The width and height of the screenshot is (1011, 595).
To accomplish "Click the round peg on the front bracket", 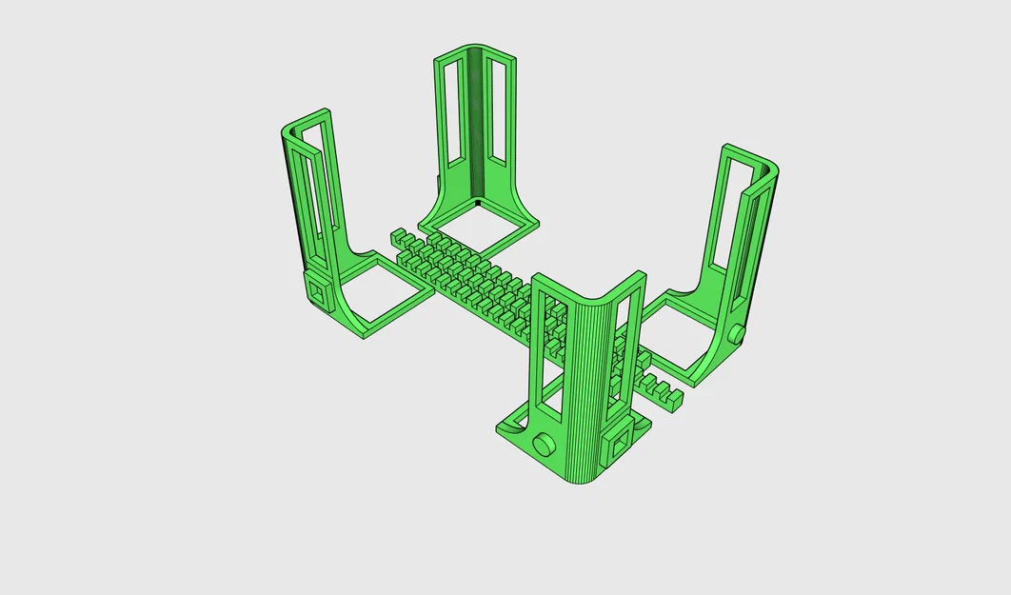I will pyautogui.click(x=545, y=444).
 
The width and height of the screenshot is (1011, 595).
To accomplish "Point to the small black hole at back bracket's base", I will pyautogui.click(x=477, y=203).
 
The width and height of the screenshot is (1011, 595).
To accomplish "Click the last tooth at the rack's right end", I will pyautogui.click(x=674, y=401).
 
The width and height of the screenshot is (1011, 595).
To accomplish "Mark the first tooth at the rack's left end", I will pyautogui.click(x=398, y=235).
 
